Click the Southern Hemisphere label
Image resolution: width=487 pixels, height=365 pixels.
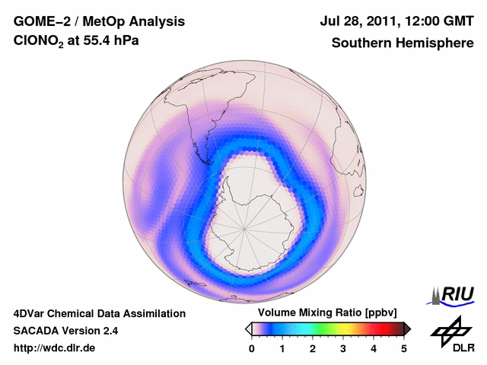coord(402,43)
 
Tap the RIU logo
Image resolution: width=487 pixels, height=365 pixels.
coord(454,294)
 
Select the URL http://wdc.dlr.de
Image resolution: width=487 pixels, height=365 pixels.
coord(55,348)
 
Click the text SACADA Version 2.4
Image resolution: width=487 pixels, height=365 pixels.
coord(65,331)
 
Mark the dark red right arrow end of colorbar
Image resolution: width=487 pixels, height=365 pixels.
coord(407,328)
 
